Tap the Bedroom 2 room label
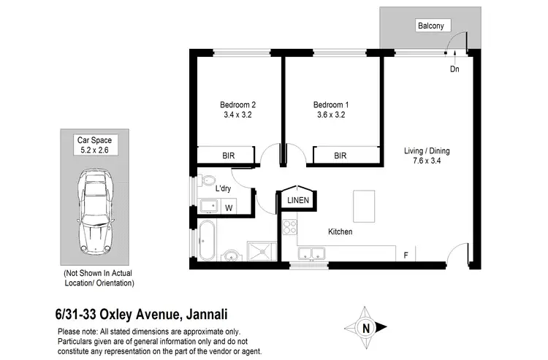pos(237,104)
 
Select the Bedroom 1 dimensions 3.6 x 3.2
pos(330,115)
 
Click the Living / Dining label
pos(427,151)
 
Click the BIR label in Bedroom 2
pos(229,156)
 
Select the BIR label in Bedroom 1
pos(340,156)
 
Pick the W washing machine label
pos(229,208)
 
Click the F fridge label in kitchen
pos(406,255)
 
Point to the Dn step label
pos(454,69)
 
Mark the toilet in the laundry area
pos(208,180)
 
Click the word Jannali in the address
pos(208,315)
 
